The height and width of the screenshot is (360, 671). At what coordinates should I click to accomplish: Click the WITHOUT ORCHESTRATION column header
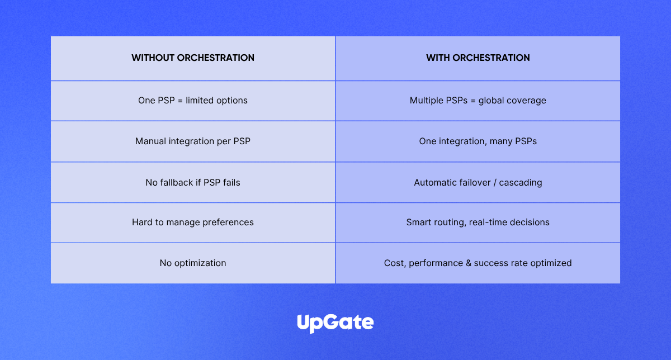point(192,58)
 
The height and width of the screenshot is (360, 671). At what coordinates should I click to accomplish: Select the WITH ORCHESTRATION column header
point(478,58)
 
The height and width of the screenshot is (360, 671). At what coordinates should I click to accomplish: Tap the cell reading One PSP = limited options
point(192,100)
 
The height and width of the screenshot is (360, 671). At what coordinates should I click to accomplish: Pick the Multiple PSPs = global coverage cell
point(478,100)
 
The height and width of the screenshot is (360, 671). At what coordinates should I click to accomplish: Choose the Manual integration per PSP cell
point(192,141)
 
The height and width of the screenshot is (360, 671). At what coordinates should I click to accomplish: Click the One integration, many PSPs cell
point(478,141)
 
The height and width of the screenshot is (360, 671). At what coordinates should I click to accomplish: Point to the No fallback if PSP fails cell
point(192,182)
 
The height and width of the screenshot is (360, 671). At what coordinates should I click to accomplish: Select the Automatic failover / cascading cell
point(478,182)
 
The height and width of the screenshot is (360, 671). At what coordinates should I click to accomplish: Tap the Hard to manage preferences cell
point(192,222)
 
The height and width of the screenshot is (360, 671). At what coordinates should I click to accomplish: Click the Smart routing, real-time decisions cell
point(478,222)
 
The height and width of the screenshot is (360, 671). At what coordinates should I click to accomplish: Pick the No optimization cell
point(192,263)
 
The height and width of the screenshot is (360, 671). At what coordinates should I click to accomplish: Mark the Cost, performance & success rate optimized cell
point(478,263)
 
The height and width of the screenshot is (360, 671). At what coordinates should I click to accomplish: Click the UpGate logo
point(335,323)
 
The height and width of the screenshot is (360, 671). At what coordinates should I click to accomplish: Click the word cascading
point(521,182)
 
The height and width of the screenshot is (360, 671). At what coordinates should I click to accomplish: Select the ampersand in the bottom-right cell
point(469,263)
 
